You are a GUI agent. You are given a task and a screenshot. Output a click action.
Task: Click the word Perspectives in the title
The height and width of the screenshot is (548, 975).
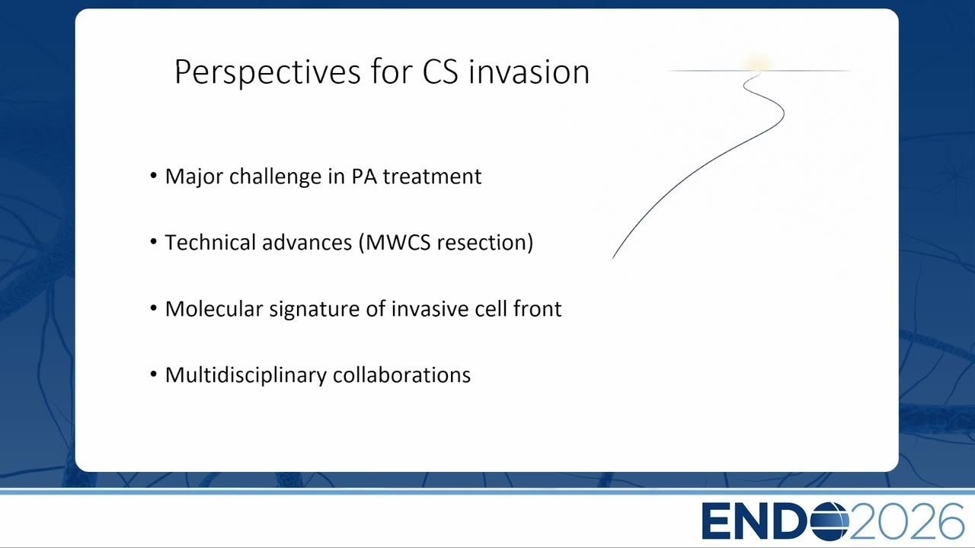pos(267,72)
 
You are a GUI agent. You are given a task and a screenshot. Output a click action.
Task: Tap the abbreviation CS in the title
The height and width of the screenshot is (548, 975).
pos(440,72)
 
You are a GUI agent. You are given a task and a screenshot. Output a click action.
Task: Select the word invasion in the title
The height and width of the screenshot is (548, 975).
pos(529,72)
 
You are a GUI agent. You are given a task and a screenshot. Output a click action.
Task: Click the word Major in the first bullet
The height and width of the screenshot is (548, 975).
pos(194,177)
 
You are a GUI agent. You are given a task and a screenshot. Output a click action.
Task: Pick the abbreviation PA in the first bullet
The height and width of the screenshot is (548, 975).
pos(364,177)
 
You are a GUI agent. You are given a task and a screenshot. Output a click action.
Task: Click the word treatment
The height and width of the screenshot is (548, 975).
pos(432,177)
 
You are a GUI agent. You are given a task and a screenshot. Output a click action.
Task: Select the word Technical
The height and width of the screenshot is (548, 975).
pos(210,242)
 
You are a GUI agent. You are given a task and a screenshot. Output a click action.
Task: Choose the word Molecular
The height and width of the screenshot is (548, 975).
pos(214,309)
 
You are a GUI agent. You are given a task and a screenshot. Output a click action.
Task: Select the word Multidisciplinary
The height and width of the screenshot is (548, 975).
pos(246,375)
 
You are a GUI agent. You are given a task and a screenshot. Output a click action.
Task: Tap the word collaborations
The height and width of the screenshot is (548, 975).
pos(401,375)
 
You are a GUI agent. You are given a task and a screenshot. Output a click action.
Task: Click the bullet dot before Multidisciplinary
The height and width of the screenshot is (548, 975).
pos(153,374)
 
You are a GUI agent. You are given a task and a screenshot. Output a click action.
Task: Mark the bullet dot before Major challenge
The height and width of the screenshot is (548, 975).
pos(153,176)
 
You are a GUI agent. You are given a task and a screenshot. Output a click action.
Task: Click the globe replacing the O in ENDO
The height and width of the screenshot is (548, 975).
pos(830,521)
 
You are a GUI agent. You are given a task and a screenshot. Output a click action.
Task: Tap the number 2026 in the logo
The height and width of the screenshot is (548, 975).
pos(907,521)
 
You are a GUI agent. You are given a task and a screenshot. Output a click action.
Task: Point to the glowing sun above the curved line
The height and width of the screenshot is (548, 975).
pos(758,63)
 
